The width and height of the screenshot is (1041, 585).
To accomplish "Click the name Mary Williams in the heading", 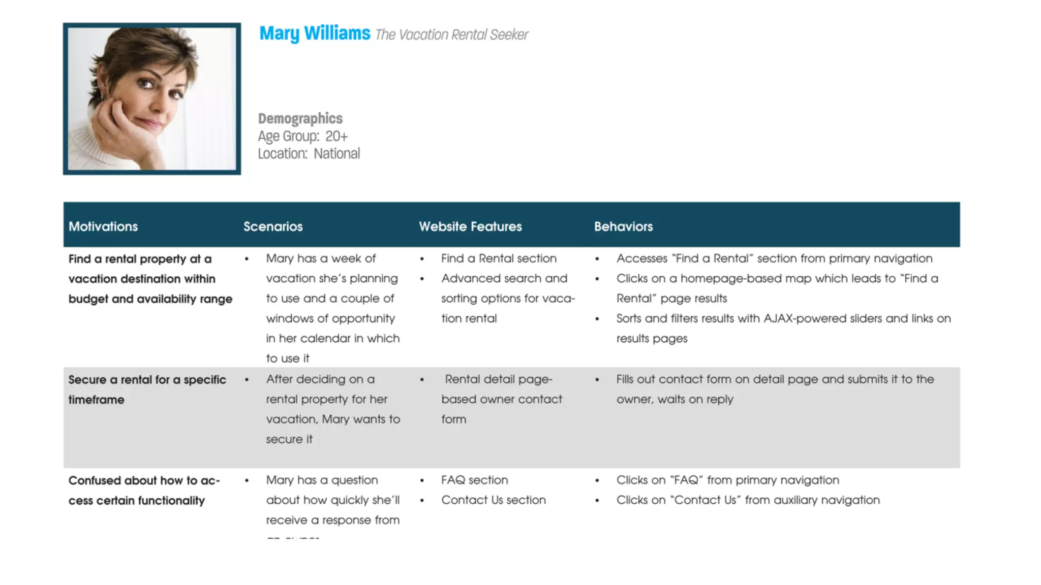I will (x=315, y=34).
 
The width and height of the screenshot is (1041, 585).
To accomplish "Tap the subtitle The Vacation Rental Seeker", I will (x=451, y=35).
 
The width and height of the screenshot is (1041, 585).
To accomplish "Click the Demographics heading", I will (x=300, y=118).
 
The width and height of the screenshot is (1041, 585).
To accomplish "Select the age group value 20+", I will (x=336, y=136).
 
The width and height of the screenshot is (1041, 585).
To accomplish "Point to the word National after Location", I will (x=336, y=153).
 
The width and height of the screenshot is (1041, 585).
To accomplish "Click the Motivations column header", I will (x=103, y=226).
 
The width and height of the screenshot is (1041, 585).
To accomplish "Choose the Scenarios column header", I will (x=273, y=226).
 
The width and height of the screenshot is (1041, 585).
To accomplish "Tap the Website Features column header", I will (x=470, y=226).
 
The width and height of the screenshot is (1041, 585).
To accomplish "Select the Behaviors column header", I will (x=623, y=226).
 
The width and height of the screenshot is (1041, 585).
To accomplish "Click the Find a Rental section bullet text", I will (x=499, y=258).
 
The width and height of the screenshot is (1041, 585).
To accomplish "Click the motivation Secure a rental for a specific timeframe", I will (x=147, y=389).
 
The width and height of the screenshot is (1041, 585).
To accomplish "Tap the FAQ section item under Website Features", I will (x=474, y=480).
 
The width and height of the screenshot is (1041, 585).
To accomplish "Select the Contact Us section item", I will (x=493, y=500).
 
